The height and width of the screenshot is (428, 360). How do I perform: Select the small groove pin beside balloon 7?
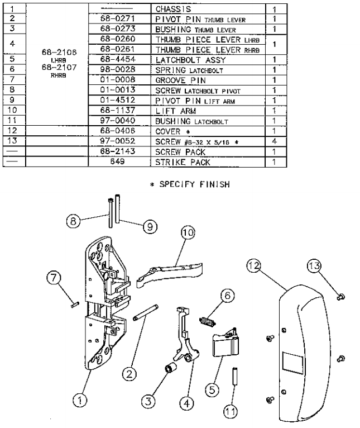point(75,304)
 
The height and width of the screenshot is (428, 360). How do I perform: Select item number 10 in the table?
point(14,111)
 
